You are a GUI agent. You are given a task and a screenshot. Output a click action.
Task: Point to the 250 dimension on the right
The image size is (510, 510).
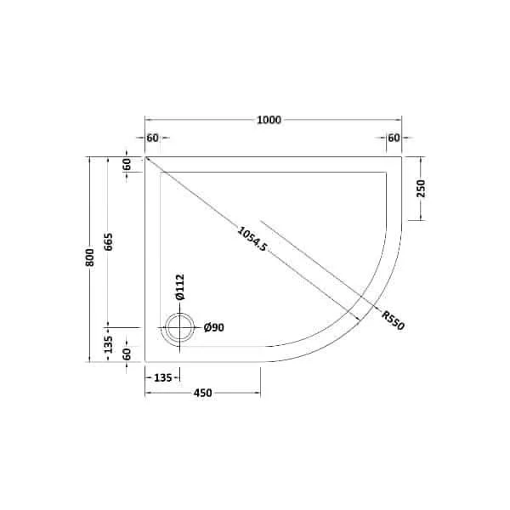[421, 189]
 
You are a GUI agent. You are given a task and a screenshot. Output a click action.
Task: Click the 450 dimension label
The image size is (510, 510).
[202, 393]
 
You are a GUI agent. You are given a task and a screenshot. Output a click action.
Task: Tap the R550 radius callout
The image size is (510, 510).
[392, 322]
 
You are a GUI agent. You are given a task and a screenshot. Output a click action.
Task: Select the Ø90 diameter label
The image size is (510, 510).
[214, 327]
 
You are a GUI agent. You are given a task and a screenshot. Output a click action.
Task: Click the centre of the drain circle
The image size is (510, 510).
[179, 328]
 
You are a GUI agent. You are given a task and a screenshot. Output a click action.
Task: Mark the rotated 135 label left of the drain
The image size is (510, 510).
[108, 345]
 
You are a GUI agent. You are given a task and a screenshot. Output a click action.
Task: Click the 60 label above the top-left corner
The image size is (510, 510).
[153, 138]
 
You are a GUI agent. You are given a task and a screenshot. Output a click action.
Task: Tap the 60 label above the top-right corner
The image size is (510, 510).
[394, 138]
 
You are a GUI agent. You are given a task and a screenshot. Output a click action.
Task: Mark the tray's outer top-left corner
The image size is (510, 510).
[144, 157]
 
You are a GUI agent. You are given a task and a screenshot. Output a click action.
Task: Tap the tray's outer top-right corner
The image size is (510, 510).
[401, 157]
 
